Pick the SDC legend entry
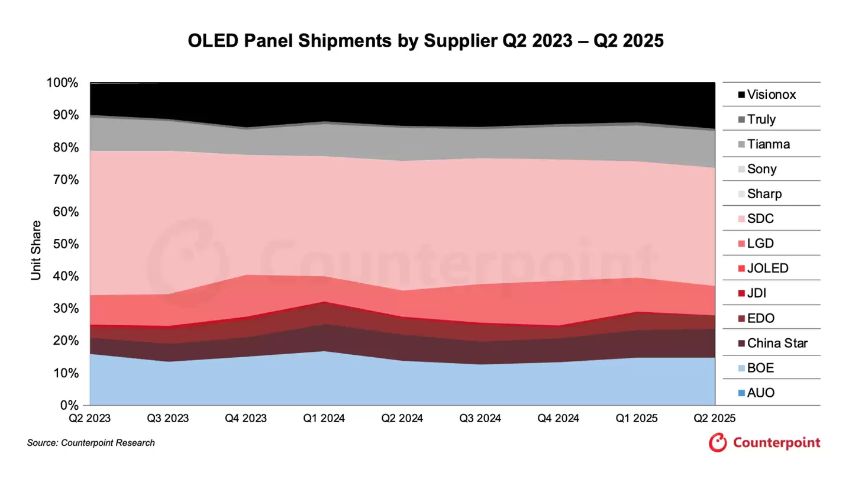(760, 219)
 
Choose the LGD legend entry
(760, 244)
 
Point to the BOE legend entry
(760, 368)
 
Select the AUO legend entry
(760, 393)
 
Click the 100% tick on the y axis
(62, 83)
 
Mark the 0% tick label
(69, 406)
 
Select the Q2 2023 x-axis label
(89, 418)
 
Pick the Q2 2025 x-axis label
(714, 418)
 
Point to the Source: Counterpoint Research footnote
(91, 443)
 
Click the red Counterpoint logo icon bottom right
(718, 442)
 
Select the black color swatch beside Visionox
(740, 95)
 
